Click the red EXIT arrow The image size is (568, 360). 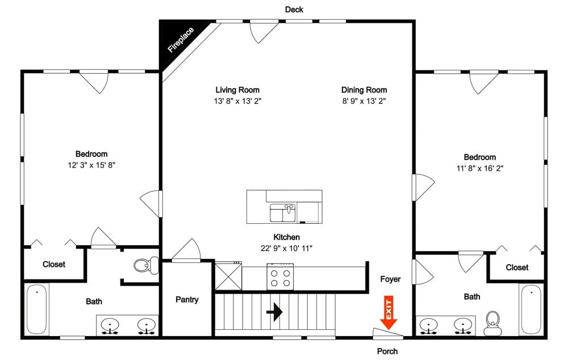[x=389, y=313]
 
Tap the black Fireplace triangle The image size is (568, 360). [x=177, y=38]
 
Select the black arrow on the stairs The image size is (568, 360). [x=274, y=312]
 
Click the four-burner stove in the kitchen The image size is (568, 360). [x=281, y=277]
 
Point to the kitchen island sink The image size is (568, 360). [x=282, y=212]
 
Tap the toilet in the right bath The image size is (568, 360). [x=492, y=323]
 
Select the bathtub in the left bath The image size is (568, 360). [x=36, y=309]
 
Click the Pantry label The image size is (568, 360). [x=187, y=299]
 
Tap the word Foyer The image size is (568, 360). [x=391, y=279]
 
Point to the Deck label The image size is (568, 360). [x=294, y=10]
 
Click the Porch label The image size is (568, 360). [x=387, y=351]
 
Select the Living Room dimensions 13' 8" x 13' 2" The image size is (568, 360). [x=237, y=101]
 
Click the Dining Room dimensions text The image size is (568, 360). [x=364, y=101]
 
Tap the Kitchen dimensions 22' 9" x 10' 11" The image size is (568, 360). [x=286, y=249]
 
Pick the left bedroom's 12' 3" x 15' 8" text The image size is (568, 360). [x=91, y=165]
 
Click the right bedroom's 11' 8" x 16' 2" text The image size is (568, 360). [x=480, y=169]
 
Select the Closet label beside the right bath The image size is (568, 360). [x=517, y=267]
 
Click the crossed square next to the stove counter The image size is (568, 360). [x=228, y=277]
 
